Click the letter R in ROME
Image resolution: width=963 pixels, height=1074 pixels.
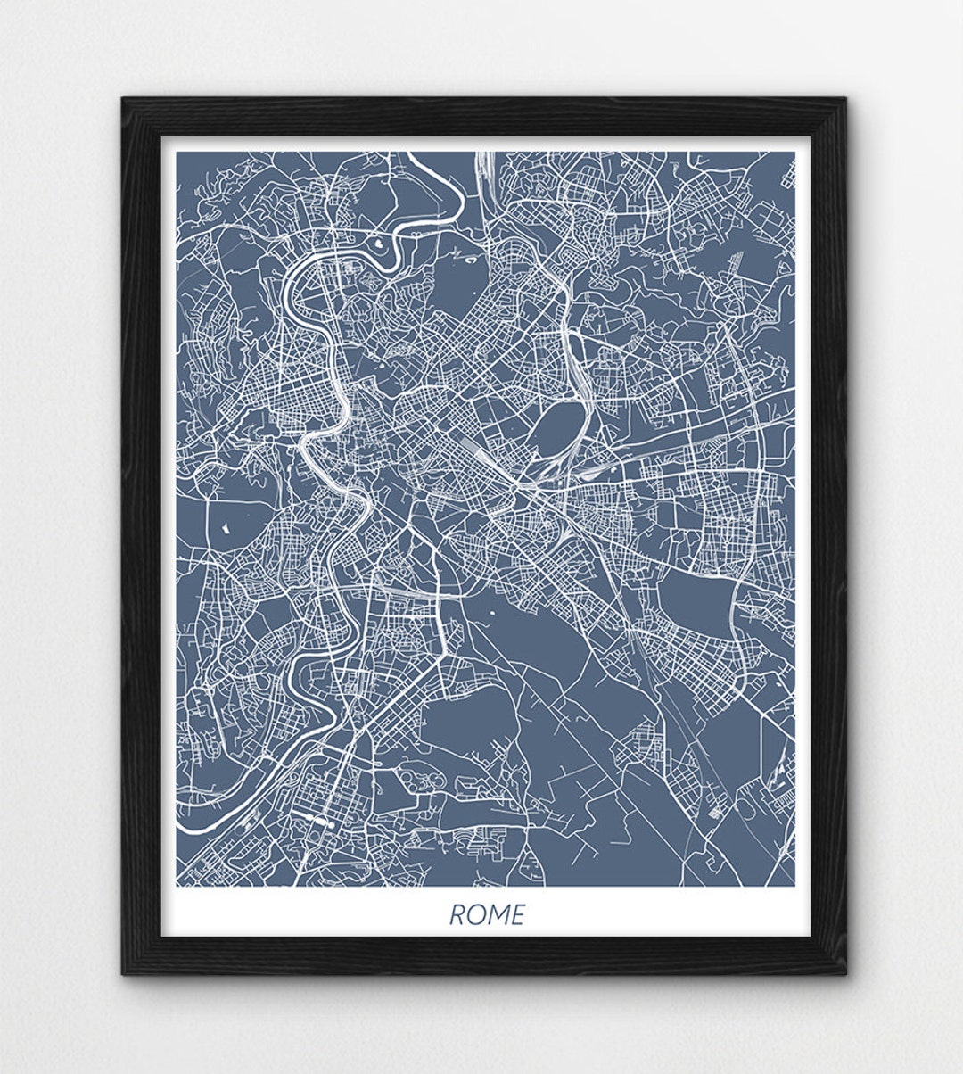point(457,915)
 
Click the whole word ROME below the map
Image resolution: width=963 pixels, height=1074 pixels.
point(486,915)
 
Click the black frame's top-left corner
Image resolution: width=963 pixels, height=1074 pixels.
point(122,99)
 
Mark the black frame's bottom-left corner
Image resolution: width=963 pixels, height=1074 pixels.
point(122,974)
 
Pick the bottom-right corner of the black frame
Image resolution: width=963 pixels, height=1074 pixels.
point(848,974)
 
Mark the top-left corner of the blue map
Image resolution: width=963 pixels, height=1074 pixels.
point(177,152)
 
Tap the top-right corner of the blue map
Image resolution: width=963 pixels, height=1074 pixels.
point(794,152)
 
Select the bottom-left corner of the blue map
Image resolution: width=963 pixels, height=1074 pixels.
point(177,886)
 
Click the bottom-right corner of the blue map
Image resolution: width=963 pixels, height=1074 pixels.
point(794,886)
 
